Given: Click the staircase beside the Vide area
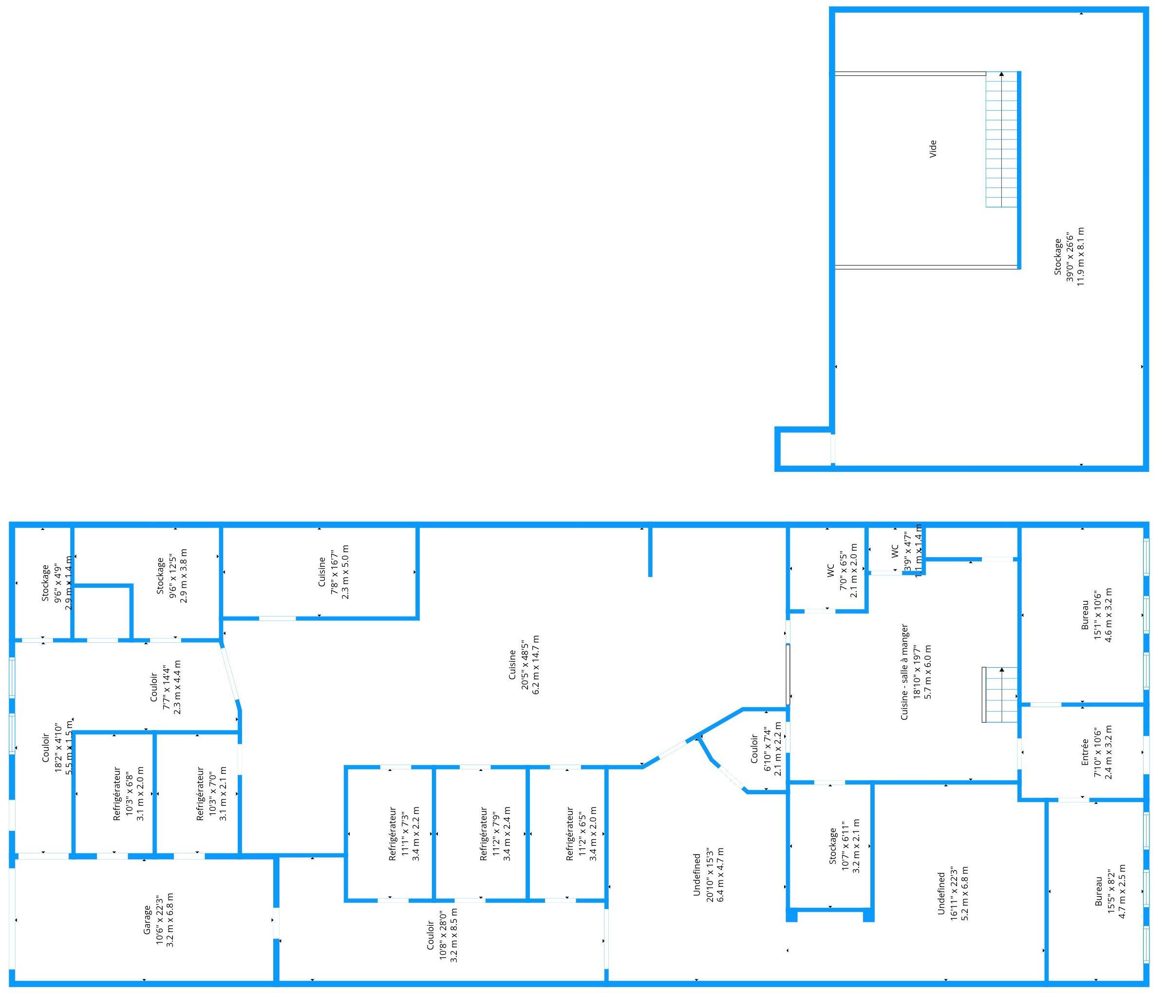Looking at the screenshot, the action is pos(1001,139).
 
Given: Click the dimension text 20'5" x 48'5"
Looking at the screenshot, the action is pos(524,664).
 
